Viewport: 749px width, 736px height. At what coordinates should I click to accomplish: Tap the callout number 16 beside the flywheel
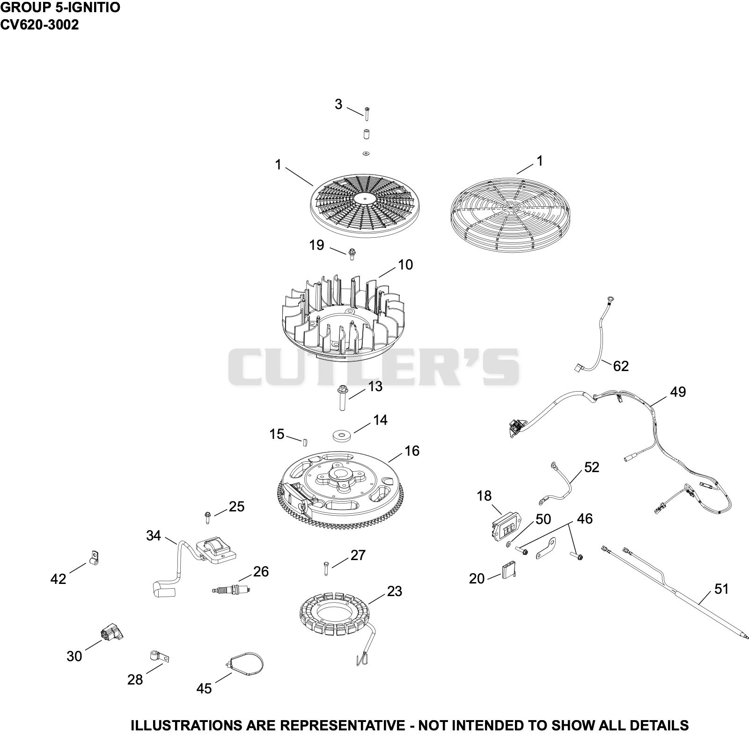tap(412, 451)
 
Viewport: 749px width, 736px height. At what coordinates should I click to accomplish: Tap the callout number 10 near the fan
tap(405, 265)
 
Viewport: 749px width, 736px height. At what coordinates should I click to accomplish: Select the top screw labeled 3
tap(367, 113)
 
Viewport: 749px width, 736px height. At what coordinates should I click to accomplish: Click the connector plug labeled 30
tap(112, 634)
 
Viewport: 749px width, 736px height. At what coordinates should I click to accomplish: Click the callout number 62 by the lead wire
tap(621, 366)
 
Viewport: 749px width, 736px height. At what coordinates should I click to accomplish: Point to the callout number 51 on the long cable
tap(721, 589)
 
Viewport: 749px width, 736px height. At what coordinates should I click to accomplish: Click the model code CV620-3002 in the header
tap(39, 25)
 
